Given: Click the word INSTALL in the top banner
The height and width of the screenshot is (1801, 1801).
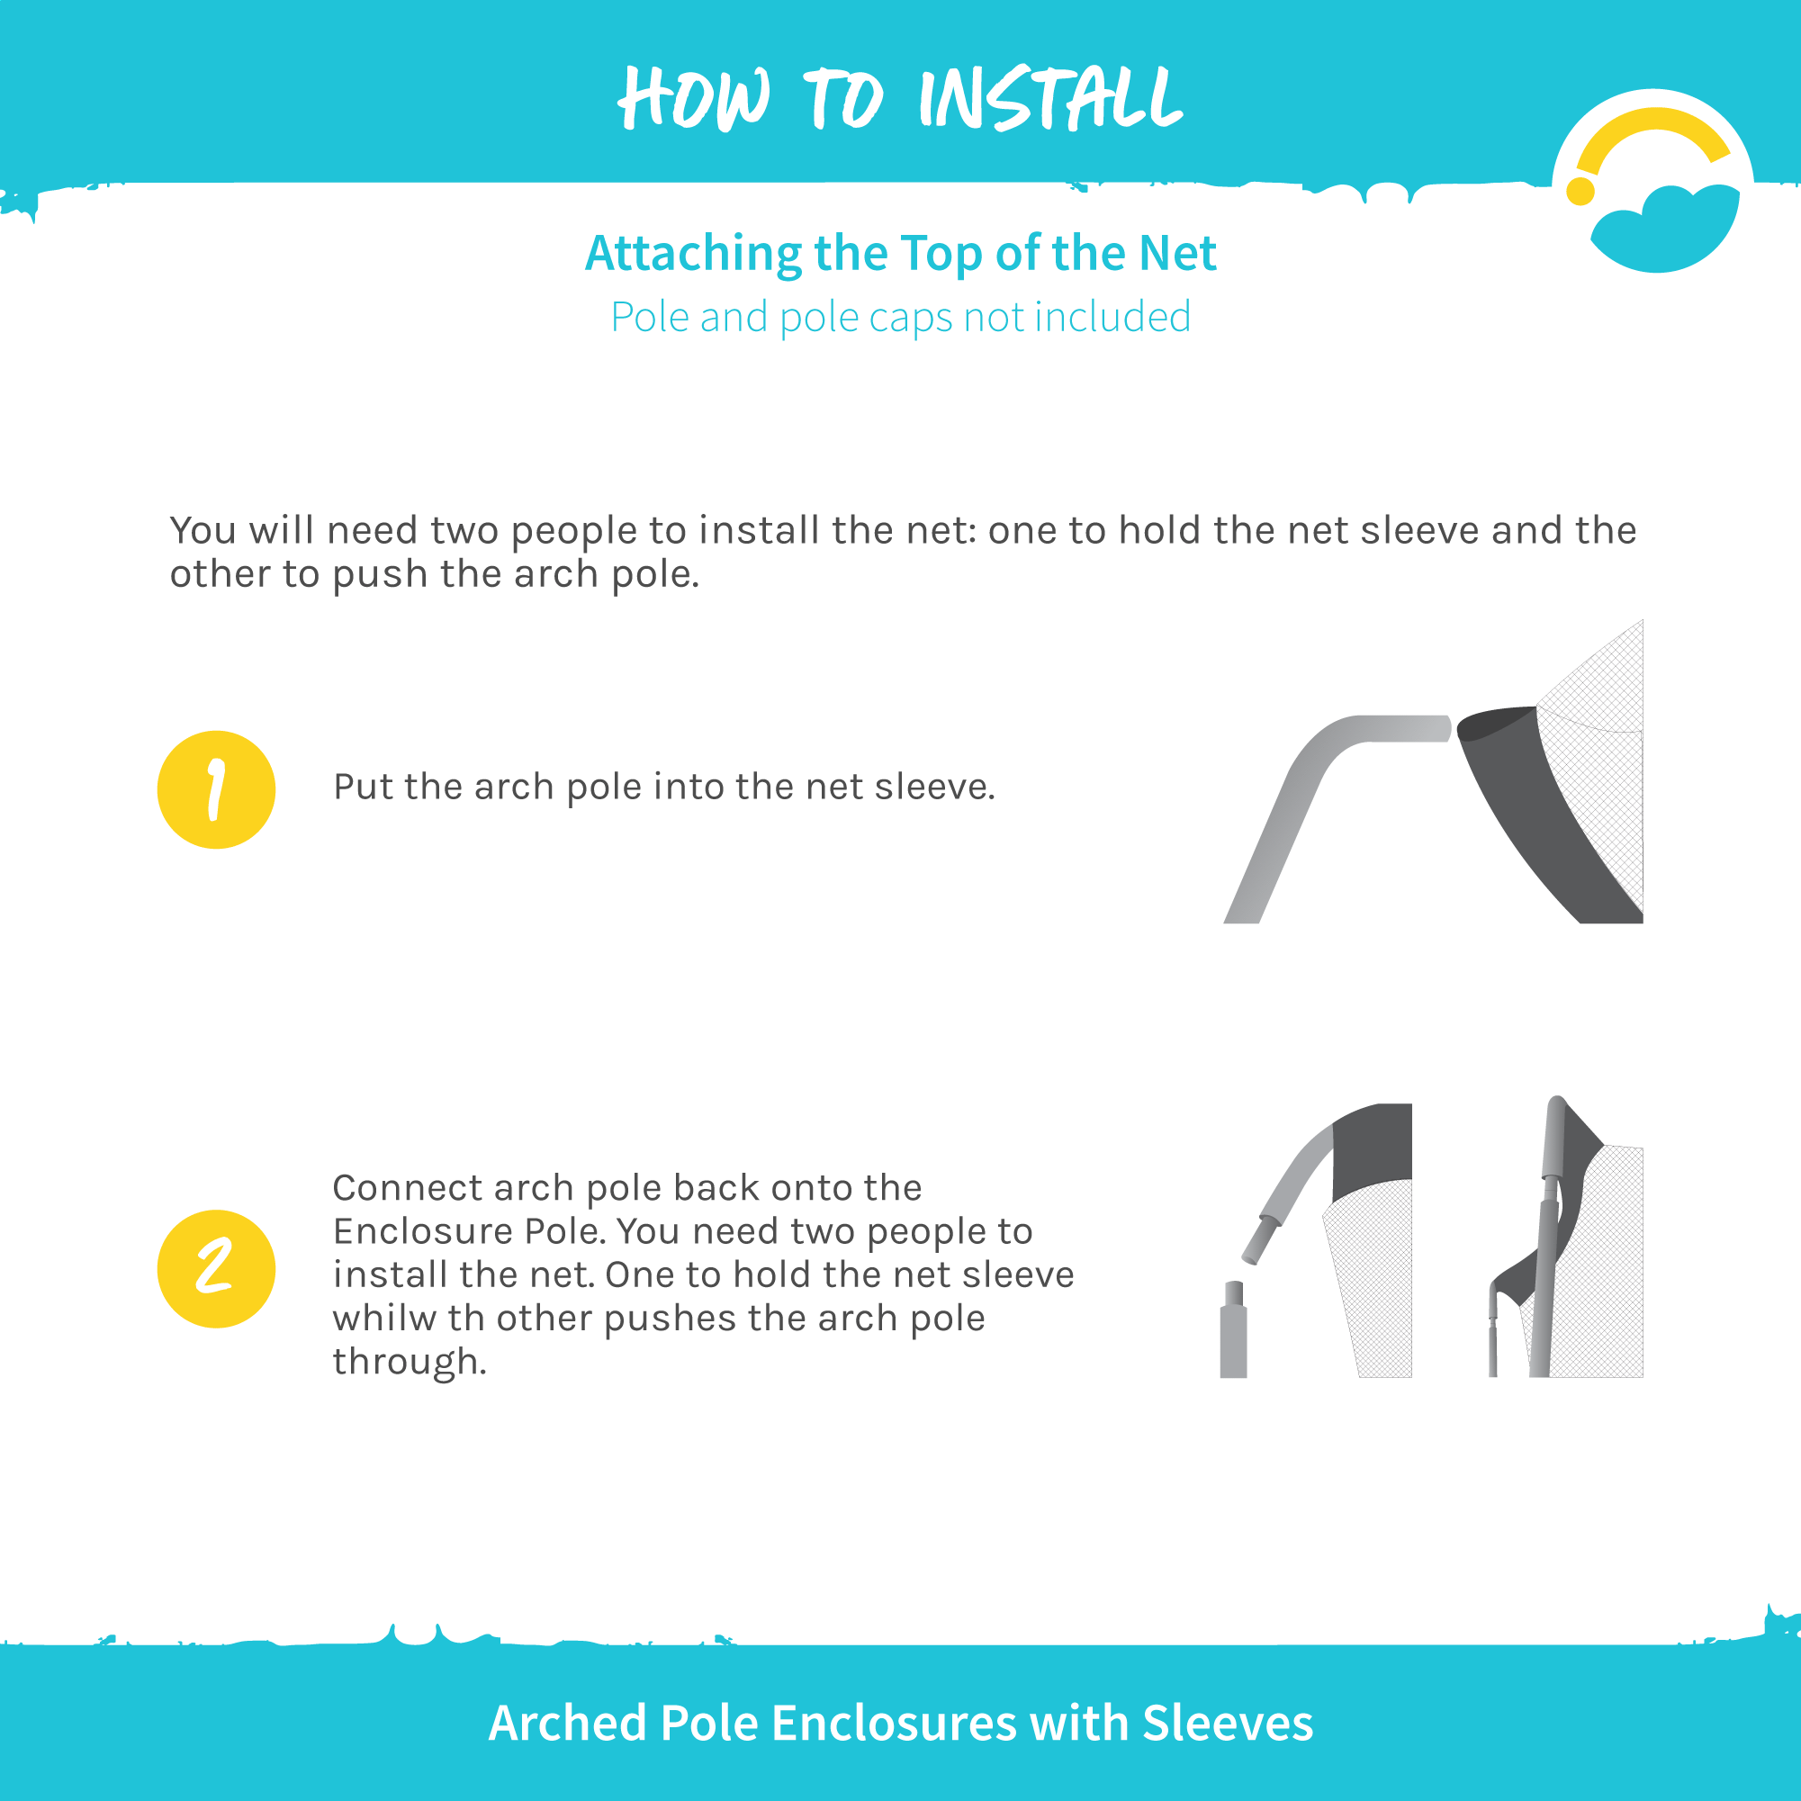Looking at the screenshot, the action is (x=1050, y=98).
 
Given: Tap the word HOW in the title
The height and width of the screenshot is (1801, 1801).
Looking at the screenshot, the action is (x=695, y=98).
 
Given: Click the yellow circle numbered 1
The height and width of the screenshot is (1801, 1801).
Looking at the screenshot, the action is (x=216, y=789).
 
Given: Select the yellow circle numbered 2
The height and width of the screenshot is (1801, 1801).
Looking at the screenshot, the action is (x=216, y=1269).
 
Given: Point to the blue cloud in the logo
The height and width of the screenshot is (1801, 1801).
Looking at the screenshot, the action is (x=1665, y=230).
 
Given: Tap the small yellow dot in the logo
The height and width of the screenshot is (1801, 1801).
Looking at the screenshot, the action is (x=1580, y=190).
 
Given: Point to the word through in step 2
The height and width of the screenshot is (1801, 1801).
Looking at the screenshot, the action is (x=410, y=1362).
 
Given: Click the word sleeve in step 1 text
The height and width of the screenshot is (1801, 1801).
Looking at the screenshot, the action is (x=935, y=787).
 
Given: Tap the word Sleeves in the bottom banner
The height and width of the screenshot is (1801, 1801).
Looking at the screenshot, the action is (x=1228, y=1723).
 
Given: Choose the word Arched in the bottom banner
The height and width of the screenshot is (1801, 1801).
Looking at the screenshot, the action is (x=568, y=1723).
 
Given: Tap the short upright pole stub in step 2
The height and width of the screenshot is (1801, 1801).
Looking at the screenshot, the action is (x=1233, y=1330).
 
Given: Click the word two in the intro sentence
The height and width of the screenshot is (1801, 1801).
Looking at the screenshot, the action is (x=467, y=530).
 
